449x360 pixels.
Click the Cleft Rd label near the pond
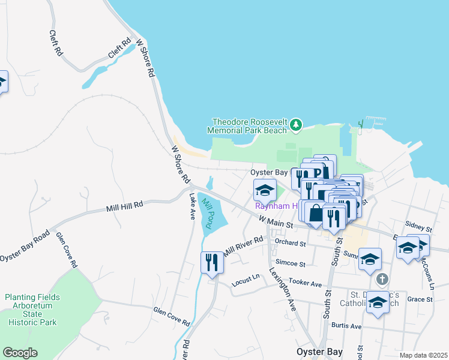click(119, 49)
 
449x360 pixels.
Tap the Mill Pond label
click(207, 213)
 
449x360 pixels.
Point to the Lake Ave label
click(192, 206)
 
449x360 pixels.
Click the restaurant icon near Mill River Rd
click(211, 263)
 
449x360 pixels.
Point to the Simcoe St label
click(290, 263)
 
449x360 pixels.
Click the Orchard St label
click(290, 243)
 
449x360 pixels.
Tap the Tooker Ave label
click(305, 281)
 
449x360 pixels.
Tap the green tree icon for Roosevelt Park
click(295, 125)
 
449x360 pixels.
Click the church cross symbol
click(382, 280)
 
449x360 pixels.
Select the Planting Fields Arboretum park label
click(32, 310)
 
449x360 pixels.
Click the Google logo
click(20, 353)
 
